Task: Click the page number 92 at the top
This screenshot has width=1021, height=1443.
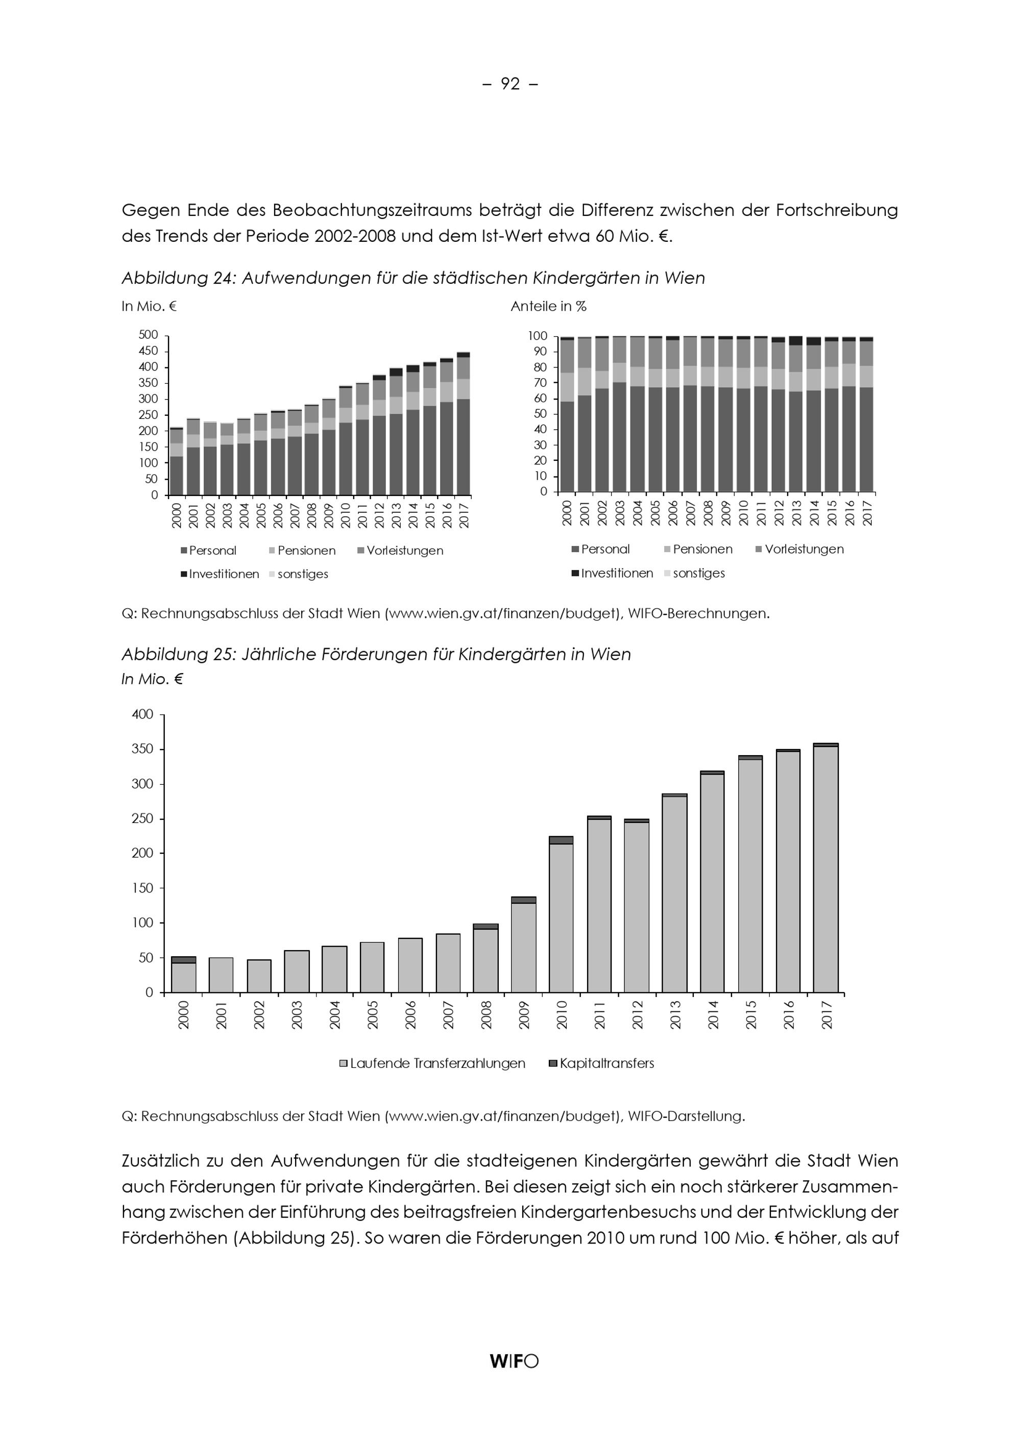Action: pos(510,84)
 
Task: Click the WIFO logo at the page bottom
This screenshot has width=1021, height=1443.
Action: pos(514,1361)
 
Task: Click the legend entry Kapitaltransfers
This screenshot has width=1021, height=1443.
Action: pos(606,1063)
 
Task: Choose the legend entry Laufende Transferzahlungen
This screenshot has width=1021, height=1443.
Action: pos(437,1063)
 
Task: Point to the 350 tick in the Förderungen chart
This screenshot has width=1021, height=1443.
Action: pos(143,749)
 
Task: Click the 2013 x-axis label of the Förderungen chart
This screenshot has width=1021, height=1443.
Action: pos(675,1015)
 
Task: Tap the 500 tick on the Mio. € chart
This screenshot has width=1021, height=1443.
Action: pos(149,335)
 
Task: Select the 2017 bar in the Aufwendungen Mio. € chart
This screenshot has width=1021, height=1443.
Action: pos(464,424)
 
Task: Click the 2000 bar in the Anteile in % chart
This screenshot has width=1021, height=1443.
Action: pos(568,415)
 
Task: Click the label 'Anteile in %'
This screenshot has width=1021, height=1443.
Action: pos(548,307)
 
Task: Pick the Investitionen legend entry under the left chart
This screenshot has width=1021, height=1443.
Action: pos(224,575)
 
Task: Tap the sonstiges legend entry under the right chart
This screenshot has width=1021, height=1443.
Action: pos(698,573)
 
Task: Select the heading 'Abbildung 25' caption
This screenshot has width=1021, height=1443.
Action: pos(376,654)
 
